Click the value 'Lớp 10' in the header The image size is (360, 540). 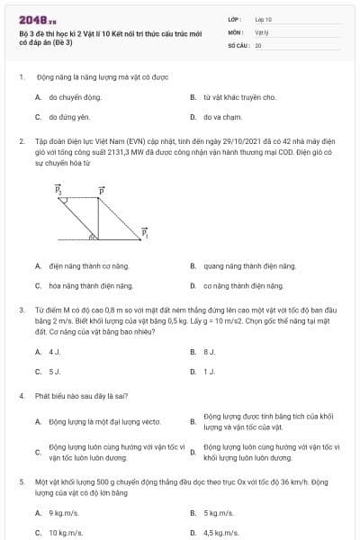click(x=264, y=18)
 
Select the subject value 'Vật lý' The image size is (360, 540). click(x=261, y=31)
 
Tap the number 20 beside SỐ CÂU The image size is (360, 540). click(x=258, y=44)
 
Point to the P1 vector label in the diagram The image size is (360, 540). click(x=144, y=232)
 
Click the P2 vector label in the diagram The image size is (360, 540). click(x=58, y=191)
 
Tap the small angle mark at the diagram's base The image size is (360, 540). click(x=93, y=238)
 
